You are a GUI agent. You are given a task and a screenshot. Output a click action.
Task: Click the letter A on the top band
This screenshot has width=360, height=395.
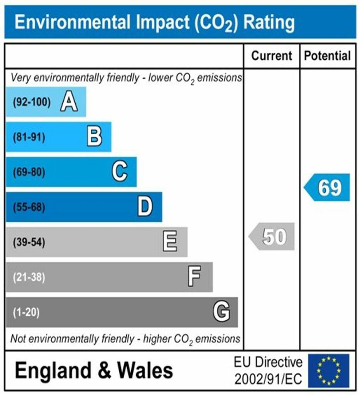click(69, 102)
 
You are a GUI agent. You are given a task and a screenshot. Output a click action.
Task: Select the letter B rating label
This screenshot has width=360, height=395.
click(94, 137)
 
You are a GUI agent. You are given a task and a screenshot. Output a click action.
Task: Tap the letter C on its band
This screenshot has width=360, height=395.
click(120, 172)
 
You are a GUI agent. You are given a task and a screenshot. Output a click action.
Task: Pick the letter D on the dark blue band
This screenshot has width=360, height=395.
click(145, 207)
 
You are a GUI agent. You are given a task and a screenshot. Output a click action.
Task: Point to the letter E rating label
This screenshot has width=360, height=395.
click(170, 242)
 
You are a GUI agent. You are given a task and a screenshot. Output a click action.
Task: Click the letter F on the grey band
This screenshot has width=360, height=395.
click(194, 277)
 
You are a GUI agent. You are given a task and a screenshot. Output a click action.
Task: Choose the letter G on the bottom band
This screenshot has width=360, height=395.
click(221, 312)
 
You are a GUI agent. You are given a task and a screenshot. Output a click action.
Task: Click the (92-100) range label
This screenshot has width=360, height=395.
click(32, 103)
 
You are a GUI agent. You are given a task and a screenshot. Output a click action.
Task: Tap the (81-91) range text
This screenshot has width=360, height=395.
click(29, 137)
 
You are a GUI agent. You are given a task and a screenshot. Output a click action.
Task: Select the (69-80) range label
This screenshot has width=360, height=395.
click(29, 172)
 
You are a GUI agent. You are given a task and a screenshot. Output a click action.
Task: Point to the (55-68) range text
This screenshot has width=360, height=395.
click(29, 208)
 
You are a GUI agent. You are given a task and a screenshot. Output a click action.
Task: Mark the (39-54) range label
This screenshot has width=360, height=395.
click(29, 243)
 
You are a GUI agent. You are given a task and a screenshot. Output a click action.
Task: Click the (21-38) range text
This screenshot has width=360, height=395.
click(29, 277)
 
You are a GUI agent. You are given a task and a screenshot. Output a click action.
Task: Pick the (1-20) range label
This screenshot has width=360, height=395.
click(26, 312)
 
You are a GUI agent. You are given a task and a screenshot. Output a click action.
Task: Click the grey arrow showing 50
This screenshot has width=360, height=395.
click(272, 236)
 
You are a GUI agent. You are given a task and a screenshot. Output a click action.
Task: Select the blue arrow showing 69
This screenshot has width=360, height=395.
click(328, 187)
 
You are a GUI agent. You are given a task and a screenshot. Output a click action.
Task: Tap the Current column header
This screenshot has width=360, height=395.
click(272, 56)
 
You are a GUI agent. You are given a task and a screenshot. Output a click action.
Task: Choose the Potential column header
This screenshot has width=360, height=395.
click(328, 56)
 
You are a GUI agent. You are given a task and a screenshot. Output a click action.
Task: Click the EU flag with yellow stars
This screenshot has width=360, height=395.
click(328, 371)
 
